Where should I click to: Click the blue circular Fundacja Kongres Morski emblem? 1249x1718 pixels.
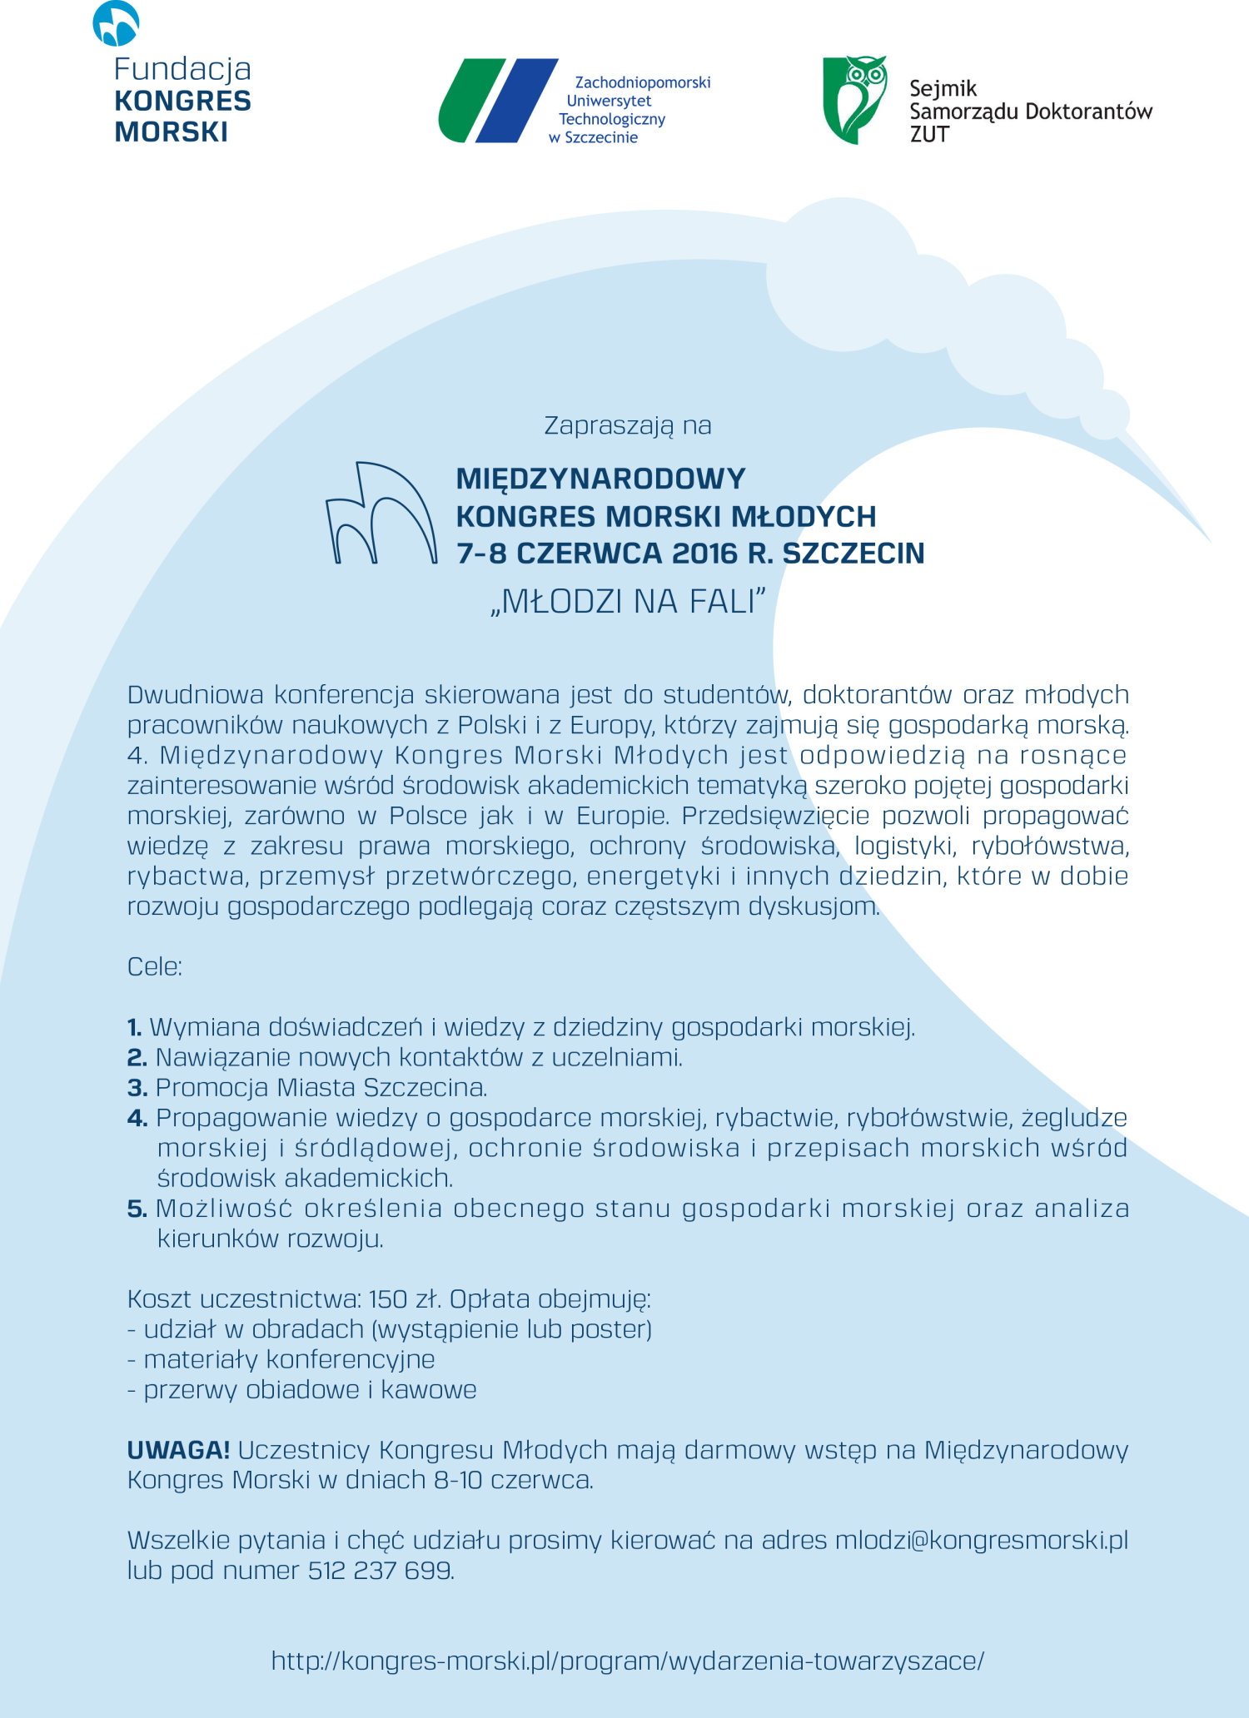[x=116, y=23]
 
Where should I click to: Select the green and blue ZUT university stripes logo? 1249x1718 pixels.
[x=498, y=101]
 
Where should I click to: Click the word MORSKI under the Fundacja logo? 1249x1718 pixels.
[x=171, y=132]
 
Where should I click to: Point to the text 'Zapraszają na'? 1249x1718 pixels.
[x=628, y=425]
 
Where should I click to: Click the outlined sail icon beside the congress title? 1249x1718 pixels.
[x=381, y=514]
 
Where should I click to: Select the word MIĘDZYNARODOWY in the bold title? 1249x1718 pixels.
[x=600, y=479]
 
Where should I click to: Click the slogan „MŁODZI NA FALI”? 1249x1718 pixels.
[x=628, y=602]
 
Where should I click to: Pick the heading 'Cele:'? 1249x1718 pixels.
[x=154, y=966]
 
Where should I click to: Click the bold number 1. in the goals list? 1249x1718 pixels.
[x=135, y=1027]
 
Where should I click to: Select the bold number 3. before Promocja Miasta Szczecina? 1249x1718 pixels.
[x=137, y=1088]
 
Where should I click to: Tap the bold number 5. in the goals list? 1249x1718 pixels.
[x=137, y=1209]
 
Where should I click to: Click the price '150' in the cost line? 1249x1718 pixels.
[x=387, y=1299]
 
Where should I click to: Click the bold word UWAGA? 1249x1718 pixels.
[x=178, y=1450]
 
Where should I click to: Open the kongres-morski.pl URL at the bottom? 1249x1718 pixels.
[x=628, y=1661]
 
